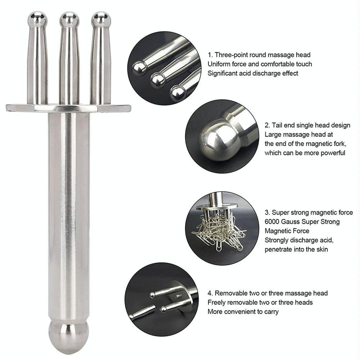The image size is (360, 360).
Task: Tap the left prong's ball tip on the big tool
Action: [x=37, y=20]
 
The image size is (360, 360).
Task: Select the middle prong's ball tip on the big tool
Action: [x=69, y=20]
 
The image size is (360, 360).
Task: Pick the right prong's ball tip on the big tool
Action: [x=101, y=20]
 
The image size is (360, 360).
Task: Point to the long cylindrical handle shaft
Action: [x=68, y=216]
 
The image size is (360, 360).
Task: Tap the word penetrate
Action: [x=281, y=249]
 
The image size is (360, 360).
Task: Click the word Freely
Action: [x=219, y=302]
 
